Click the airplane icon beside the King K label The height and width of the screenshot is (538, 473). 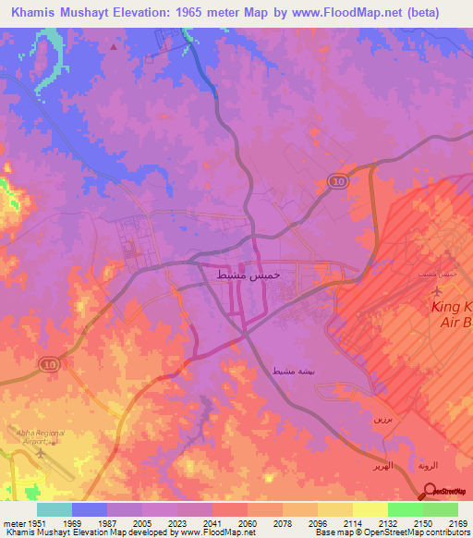[439, 293]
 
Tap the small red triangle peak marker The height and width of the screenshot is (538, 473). [114, 45]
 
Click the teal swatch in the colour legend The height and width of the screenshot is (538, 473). [55, 509]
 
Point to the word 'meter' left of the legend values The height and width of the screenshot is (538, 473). [14, 522]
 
